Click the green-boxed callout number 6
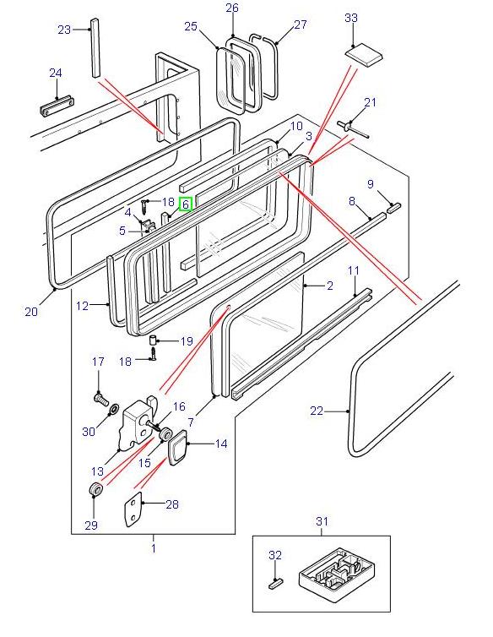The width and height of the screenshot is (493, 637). click(x=186, y=204)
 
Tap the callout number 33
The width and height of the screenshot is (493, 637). click(x=352, y=18)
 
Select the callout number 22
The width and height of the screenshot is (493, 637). click(x=317, y=411)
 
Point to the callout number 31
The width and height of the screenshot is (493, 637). click(x=322, y=521)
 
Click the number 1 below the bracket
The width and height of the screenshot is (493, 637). click(x=153, y=548)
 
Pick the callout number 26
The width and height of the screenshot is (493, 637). click(x=232, y=8)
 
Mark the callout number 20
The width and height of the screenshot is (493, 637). click(x=31, y=312)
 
